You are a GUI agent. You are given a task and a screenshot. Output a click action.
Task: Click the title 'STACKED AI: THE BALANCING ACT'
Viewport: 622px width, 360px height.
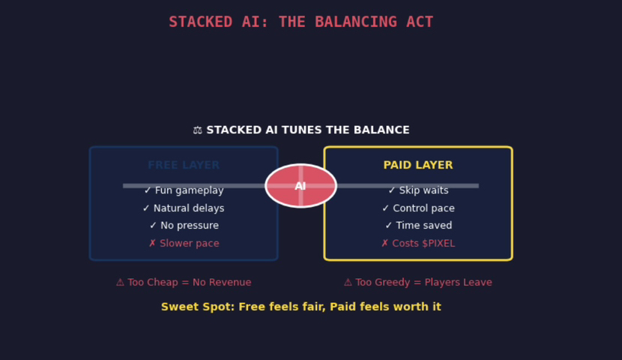pyautogui.click(x=301, y=22)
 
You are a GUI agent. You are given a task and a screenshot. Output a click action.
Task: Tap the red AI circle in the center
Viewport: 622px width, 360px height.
pyautogui.click(x=301, y=185)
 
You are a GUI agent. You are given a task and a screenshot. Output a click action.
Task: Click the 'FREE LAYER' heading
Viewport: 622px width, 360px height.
pyautogui.click(x=184, y=166)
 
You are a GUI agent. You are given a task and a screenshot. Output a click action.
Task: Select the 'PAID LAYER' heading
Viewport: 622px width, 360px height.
pyautogui.click(x=418, y=166)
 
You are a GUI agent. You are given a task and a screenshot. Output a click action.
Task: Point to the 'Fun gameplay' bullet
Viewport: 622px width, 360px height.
pyautogui.click(x=184, y=190)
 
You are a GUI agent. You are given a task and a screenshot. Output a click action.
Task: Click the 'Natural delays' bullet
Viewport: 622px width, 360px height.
pyautogui.click(x=184, y=208)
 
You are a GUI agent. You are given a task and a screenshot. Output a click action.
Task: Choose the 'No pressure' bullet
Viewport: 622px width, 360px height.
pyautogui.click(x=184, y=226)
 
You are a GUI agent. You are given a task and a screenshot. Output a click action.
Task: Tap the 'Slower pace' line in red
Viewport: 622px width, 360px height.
pyautogui.click(x=184, y=244)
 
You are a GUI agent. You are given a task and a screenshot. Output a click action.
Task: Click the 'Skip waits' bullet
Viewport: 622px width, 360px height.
pyautogui.click(x=418, y=190)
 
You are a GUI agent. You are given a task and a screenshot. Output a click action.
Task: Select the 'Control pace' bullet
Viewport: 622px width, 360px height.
pyautogui.click(x=418, y=208)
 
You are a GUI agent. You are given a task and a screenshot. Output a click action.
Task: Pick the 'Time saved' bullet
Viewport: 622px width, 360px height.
pyautogui.click(x=418, y=226)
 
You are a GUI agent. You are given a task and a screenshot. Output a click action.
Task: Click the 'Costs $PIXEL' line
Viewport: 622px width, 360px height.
pyautogui.click(x=418, y=244)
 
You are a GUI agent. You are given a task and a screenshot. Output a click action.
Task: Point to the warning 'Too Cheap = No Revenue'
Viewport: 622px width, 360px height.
pyautogui.click(x=184, y=283)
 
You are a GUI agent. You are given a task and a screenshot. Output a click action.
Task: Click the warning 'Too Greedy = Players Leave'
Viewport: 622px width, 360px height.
pyautogui.click(x=418, y=283)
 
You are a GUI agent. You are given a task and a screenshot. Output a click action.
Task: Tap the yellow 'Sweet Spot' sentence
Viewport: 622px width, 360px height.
pyautogui.click(x=301, y=307)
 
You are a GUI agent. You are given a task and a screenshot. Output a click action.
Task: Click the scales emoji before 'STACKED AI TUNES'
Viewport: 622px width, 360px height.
pyautogui.click(x=198, y=130)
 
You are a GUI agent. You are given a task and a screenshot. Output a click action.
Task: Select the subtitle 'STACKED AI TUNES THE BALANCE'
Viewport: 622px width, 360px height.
pyautogui.click(x=308, y=130)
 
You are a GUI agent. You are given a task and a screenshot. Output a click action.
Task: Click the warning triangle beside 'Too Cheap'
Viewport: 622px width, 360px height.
pyautogui.click(x=120, y=283)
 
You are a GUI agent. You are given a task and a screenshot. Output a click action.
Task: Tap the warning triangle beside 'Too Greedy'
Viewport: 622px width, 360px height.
pyautogui.click(x=348, y=283)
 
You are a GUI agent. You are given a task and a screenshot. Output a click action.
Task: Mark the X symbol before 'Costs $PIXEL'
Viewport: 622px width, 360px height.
pyautogui.click(x=385, y=244)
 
